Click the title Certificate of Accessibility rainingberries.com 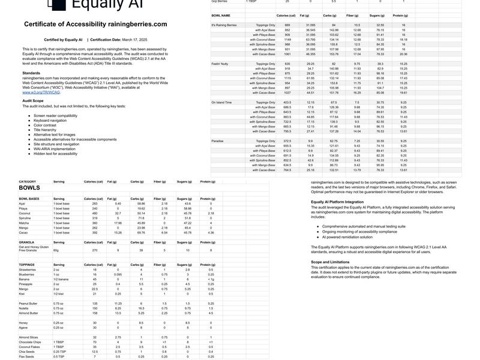point(95,24)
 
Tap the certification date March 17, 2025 point(130,40)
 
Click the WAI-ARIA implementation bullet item point(55,149)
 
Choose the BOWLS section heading point(29,188)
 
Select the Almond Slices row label point(28,338)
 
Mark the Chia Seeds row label point(26,352)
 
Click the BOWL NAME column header point(221,15)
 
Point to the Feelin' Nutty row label point(221,64)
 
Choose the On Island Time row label point(221,103)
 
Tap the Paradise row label point(217,141)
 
